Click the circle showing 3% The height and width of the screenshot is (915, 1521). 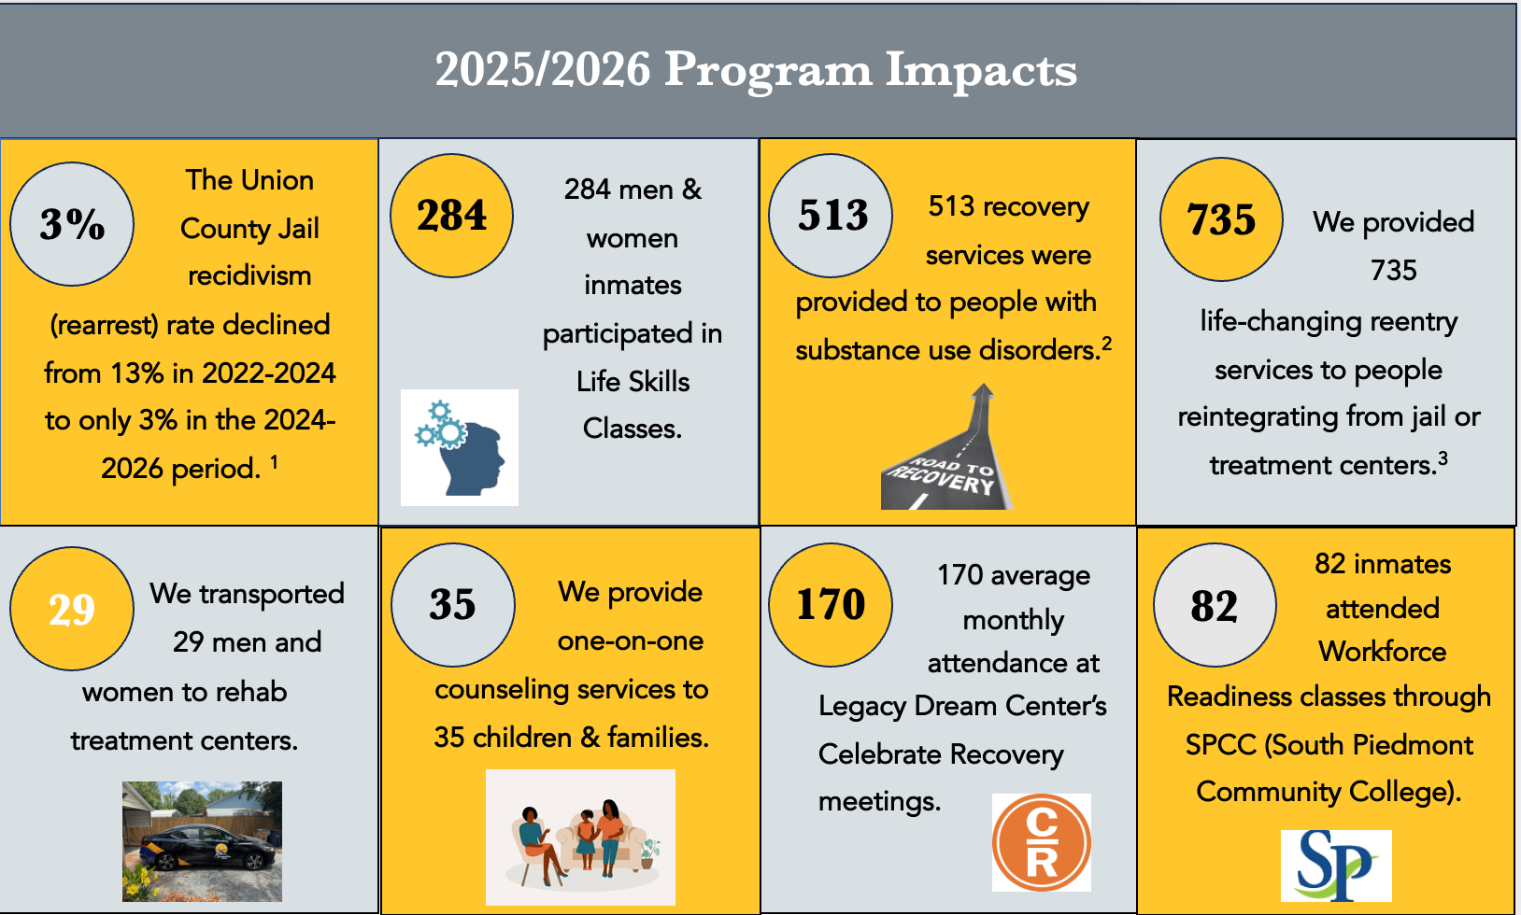tap(72, 224)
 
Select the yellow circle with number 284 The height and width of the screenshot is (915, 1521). tap(451, 216)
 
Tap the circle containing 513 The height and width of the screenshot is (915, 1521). tap(831, 216)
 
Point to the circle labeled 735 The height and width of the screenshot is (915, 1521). tap(1221, 219)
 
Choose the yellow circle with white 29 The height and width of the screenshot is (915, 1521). tap(72, 609)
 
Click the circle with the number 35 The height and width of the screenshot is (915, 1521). tap(453, 605)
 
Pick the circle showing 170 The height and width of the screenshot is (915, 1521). tap(831, 605)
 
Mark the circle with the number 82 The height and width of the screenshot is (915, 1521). tap(1215, 605)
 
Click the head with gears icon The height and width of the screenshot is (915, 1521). tap(460, 447)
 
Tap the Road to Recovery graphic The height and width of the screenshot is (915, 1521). tap(946, 446)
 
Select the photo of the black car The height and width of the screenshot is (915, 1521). tap(203, 841)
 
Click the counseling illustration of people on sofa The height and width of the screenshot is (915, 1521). tap(580, 837)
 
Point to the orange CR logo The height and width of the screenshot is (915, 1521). tap(1042, 842)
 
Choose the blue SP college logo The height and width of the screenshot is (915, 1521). tap(1336, 866)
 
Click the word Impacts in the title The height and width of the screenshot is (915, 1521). tap(981, 70)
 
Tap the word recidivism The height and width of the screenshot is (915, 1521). tap(249, 276)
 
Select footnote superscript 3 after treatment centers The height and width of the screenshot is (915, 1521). tap(1443, 458)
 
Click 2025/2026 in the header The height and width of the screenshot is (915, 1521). tap(543, 70)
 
